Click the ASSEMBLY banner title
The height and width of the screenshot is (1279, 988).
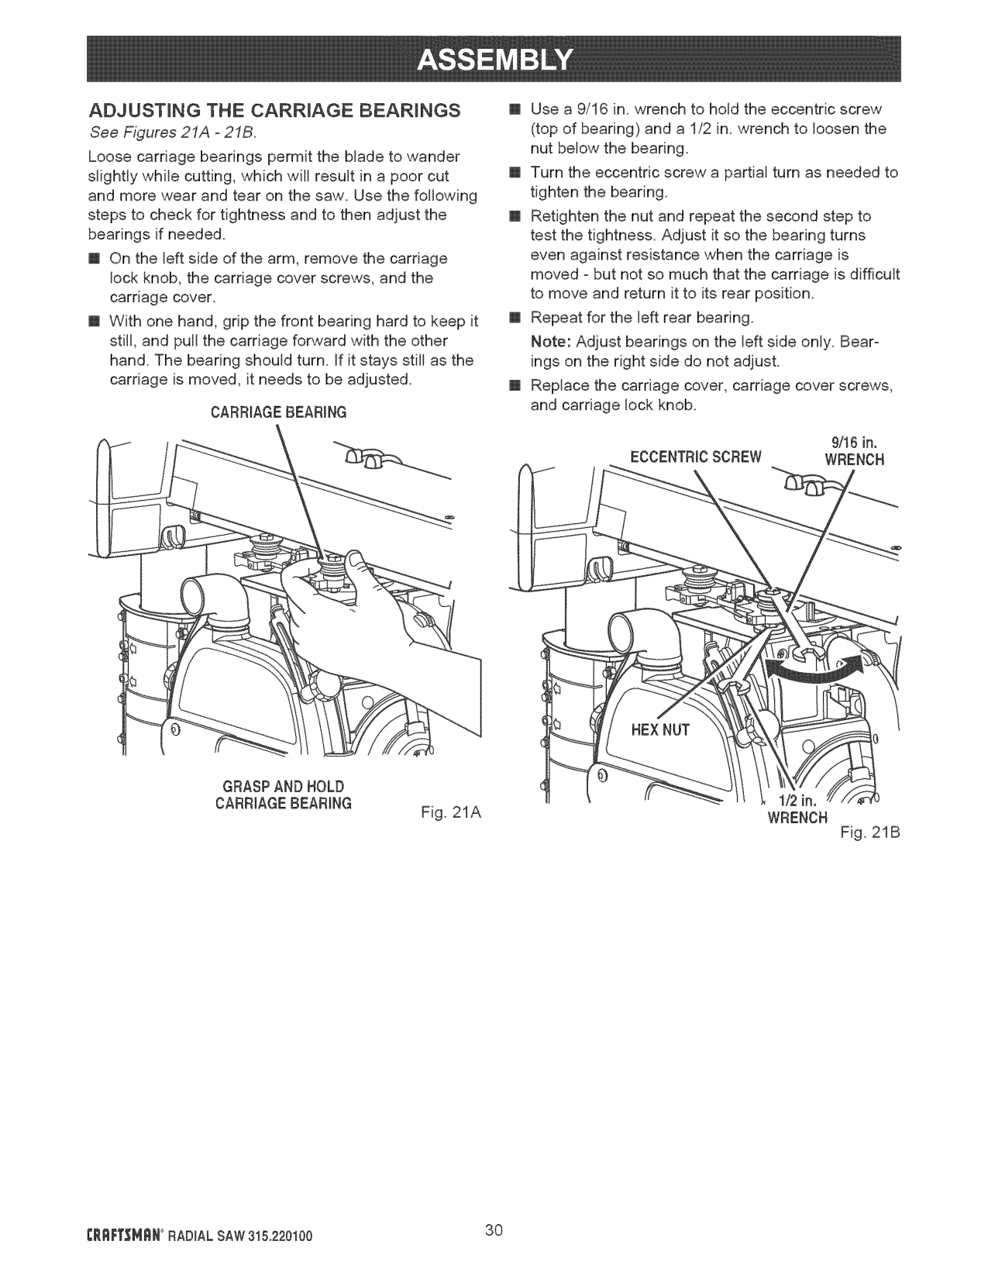pos(494,58)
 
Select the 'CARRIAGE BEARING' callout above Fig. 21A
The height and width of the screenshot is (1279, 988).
pos(278,412)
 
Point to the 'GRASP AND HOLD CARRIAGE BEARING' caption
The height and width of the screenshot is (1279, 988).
pos(283,794)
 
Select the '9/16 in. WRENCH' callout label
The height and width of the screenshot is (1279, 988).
pos(852,451)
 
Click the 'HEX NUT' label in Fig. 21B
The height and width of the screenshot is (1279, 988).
pos(659,729)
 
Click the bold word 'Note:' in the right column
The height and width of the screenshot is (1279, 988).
pos(551,342)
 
